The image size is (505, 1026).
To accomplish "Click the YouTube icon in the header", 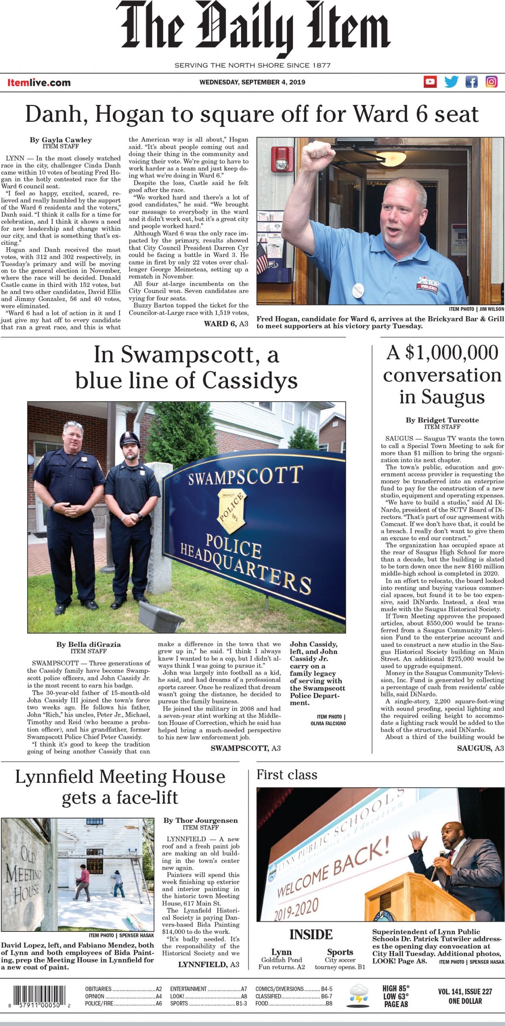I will click(x=430, y=82).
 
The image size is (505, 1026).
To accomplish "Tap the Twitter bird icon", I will click(x=451, y=82).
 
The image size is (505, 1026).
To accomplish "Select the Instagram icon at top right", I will click(x=492, y=82).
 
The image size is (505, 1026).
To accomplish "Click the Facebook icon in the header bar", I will click(x=471, y=82).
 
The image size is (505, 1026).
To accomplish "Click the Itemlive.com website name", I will click(x=39, y=83).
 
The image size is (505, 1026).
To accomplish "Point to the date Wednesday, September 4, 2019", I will click(x=252, y=82).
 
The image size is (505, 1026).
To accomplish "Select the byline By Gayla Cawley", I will click(x=61, y=140).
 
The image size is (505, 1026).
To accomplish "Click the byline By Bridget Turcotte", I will click(x=442, y=420).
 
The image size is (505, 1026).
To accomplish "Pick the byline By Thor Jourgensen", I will click(x=201, y=820).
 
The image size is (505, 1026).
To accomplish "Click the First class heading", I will click(x=287, y=775).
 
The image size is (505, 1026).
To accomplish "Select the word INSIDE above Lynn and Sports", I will click(x=311, y=935).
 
